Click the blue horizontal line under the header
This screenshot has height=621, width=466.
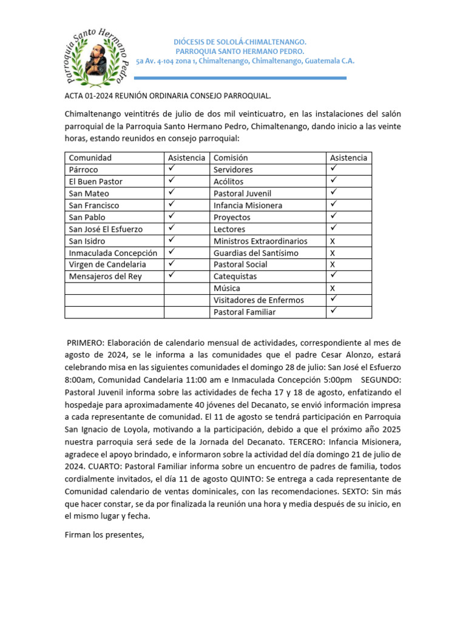240,78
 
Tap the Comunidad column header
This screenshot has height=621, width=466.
90,158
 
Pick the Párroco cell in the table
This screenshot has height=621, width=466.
84,170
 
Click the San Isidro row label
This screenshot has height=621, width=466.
87,241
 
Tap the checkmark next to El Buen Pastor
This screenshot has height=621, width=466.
172,181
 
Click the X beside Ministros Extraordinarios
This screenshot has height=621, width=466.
332,241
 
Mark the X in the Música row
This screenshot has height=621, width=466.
332,288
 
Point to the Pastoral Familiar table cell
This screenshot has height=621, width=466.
245,312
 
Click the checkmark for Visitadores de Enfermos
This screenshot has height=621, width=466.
333,300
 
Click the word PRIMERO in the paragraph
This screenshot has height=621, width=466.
86,343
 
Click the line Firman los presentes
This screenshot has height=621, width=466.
104,535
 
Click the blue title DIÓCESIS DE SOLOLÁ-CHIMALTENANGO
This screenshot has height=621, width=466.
240,42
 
